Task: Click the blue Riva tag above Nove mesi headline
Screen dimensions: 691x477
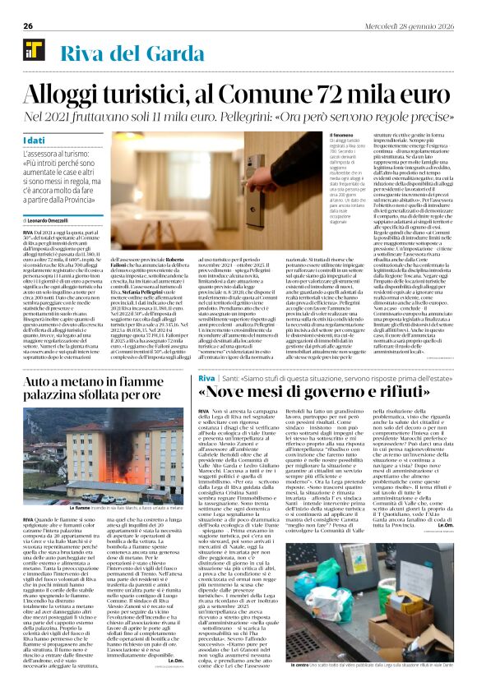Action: tap(207, 378)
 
